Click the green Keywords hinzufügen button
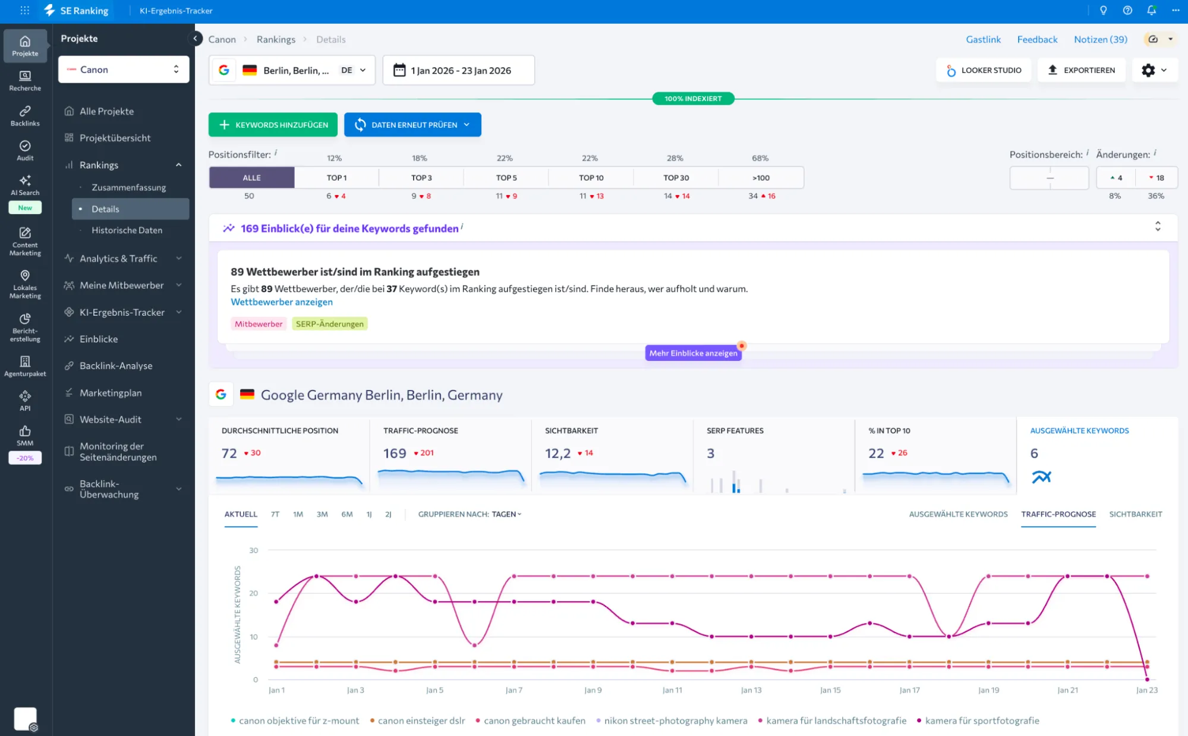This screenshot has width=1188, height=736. [273, 125]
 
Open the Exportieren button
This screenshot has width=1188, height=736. [1081, 70]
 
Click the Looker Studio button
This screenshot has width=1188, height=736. [984, 70]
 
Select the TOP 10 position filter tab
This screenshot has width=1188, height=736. [591, 178]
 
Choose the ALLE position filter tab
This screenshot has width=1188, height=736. [251, 178]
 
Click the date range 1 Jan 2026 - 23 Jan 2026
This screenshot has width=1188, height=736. [458, 70]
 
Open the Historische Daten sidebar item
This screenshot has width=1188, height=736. [127, 230]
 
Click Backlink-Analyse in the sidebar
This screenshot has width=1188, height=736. [116, 366]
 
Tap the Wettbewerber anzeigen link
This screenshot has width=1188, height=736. [282, 302]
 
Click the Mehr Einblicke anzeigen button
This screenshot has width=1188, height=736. [693, 353]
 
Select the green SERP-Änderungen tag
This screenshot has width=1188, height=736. [329, 324]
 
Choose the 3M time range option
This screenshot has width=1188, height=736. [322, 514]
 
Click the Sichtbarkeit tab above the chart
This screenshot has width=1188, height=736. [1135, 514]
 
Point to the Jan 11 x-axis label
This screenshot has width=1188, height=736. [672, 690]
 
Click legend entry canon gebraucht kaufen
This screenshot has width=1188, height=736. [534, 721]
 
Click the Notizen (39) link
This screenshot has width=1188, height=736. [1100, 39]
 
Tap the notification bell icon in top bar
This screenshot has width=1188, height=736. [1151, 11]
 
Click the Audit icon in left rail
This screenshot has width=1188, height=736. [25, 150]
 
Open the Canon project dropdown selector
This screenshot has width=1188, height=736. [124, 70]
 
